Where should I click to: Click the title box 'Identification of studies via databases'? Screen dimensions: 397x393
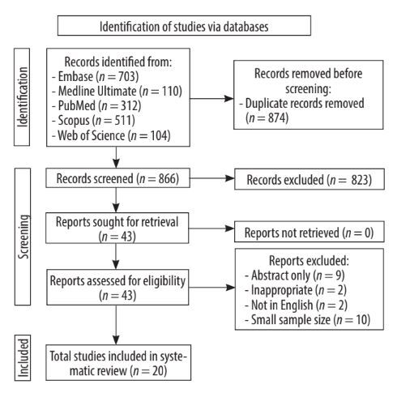coord(184,26)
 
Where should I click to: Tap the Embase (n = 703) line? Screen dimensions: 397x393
coord(96,76)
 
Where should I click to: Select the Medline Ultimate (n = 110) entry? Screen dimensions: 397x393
coord(117,91)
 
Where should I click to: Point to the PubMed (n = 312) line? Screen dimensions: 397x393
coord(96,105)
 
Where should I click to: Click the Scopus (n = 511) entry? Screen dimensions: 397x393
coord(93,121)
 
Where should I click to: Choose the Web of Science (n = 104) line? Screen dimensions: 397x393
coord(111,135)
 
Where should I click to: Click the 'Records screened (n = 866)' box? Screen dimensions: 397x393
coord(117,178)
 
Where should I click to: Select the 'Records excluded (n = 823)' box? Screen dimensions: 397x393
coord(309,179)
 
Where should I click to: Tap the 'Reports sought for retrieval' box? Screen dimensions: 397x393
coord(117,229)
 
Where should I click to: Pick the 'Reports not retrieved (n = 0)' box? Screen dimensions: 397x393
coord(309,232)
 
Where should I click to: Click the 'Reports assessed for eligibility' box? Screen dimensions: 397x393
coord(117,287)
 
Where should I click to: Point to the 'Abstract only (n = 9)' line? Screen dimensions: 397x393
coord(295,276)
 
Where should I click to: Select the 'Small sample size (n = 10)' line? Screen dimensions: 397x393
coord(307,320)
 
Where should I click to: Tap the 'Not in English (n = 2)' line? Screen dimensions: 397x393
coord(296,305)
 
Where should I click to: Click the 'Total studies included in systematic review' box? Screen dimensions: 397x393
coord(118,362)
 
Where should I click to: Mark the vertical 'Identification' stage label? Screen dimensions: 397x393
coord(22,97)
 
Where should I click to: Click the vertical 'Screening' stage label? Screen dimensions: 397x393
coord(23,237)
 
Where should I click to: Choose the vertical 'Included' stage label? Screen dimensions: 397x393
coord(23,358)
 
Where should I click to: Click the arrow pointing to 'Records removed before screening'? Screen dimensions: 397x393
coord(212,99)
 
